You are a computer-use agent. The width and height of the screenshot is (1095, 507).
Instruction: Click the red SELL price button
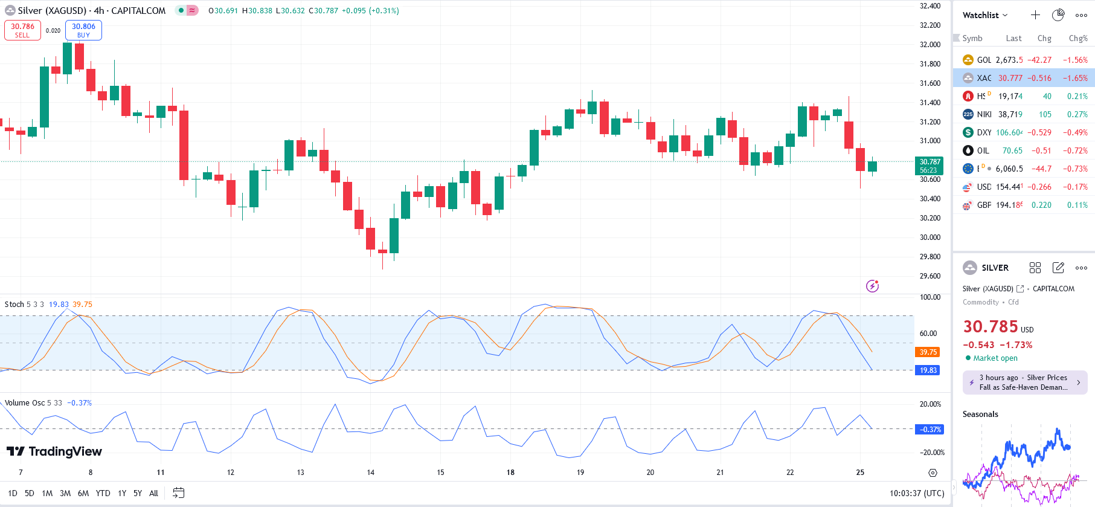pyautogui.click(x=22, y=30)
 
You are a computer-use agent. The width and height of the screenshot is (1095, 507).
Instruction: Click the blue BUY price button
pyautogui.click(x=83, y=30)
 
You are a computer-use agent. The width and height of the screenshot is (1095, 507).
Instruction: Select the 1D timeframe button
pyautogui.click(x=13, y=493)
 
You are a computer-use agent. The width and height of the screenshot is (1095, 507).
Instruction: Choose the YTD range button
pyautogui.click(x=103, y=493)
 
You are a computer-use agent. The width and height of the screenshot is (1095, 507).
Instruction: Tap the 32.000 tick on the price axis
pyautogui.click(x=930, y=45)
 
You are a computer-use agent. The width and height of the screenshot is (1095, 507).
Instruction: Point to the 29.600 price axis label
pyautogui.click(x=930, y=276)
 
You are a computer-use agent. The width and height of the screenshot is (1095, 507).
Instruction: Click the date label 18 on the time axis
pyautogui.click(x=510, y=473)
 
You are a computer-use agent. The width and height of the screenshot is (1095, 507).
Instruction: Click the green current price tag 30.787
pyautogui.click(x=930, y=166)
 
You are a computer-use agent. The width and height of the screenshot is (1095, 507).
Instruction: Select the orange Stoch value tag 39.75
pyautogui.click(x=928, y=352)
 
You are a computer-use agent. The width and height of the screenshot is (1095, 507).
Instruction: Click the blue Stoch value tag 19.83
pyautogui.click(x=928, y=370)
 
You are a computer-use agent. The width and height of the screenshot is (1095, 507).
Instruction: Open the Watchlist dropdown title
pyautogui.click(x=984, y=15)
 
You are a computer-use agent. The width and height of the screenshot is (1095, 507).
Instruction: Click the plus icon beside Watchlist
pyautogui.click(x=1035, y=15)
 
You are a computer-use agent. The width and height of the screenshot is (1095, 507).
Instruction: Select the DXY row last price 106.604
pyautogui.click(x=1009, y=132)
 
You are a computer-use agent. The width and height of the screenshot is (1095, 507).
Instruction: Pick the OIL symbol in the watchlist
pyautogui.click(x=983, y=150)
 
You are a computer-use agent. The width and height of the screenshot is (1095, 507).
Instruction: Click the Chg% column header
pyautogui.click(x=1077, y=38)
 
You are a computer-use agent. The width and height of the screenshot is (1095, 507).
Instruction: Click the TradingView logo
pyautogui.click(x=54, y=451)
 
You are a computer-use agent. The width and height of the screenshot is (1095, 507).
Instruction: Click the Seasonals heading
pyautogui.click(x=980, y=414)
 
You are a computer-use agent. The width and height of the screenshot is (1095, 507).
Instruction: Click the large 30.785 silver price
pyautogui.click(x=991, y=327)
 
